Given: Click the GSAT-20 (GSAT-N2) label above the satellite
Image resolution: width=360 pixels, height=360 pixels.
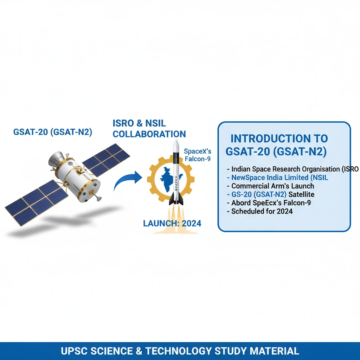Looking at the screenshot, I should click(52, 132).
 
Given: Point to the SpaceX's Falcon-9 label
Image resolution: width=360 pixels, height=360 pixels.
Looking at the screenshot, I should click(198, 156).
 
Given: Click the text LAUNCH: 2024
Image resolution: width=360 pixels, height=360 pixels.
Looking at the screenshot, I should click(172, 223).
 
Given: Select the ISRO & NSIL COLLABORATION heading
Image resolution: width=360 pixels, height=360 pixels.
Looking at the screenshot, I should click(149, 129).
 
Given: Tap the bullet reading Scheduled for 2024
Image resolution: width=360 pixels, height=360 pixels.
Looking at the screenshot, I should click(262, 211).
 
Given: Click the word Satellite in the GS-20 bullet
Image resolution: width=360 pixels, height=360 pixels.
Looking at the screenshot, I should click(301, 194).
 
